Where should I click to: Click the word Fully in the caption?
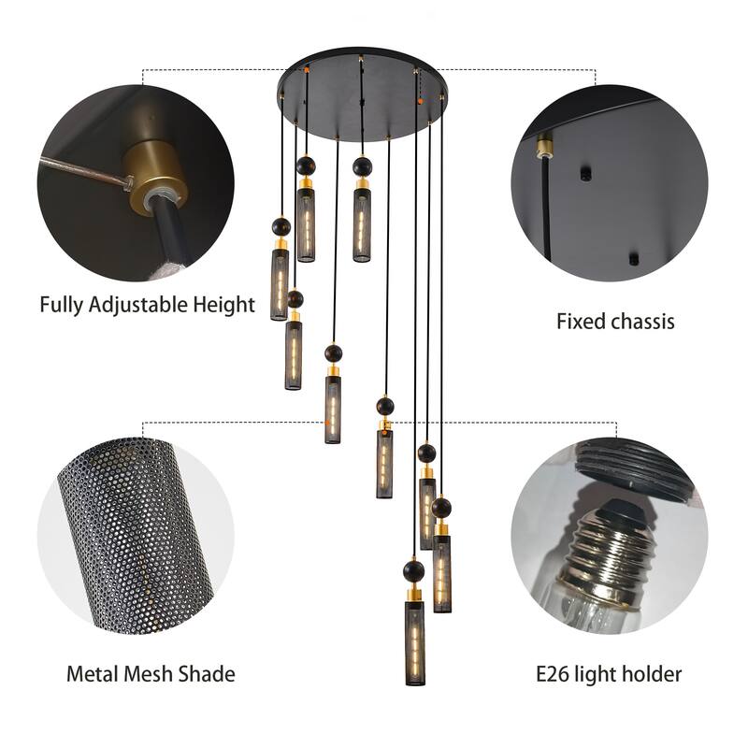(x=62, y=305)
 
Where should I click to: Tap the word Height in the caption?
(x=224, y=305)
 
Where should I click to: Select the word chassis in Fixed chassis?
(x=642, y=323)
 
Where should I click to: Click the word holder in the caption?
(x=654, y=673)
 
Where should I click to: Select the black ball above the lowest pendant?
(x=413, y=570)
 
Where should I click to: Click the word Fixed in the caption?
(x=580, y=323)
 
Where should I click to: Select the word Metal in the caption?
(x=93, y=673)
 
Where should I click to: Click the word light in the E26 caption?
(x=602, y=673)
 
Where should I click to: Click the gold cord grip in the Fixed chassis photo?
(x=542, y=145)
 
